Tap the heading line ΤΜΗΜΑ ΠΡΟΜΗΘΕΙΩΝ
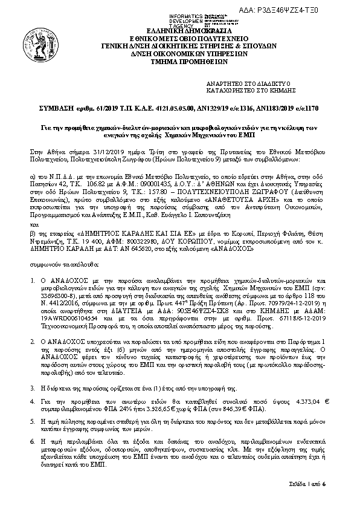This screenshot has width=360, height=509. pyautogui.click(x=179, y=60)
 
